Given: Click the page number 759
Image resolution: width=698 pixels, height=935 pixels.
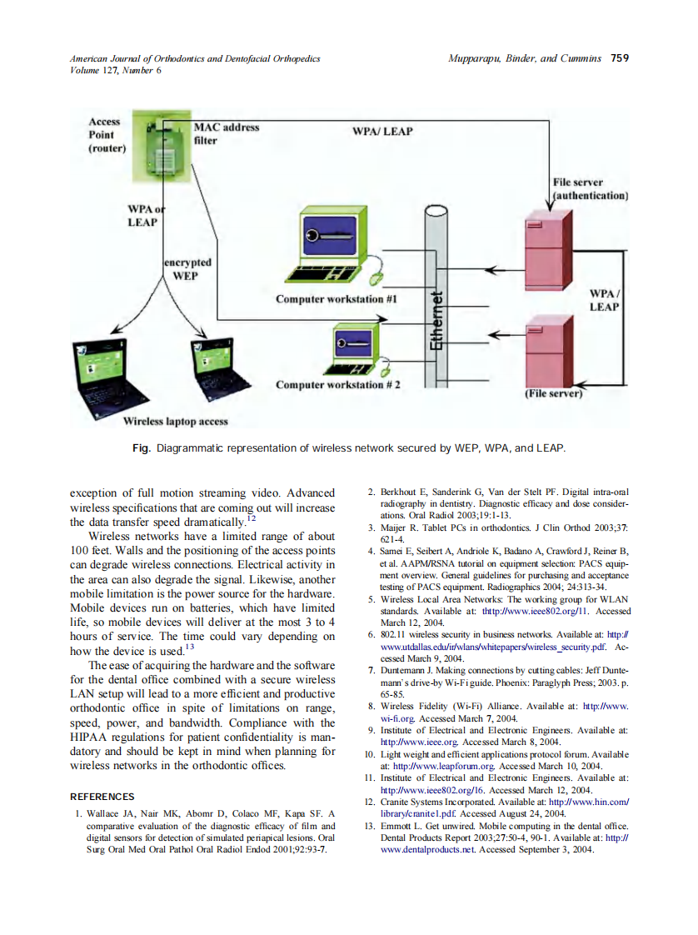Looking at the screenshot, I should [619, 58].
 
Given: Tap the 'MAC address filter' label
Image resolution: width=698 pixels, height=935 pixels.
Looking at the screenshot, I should [226, 133].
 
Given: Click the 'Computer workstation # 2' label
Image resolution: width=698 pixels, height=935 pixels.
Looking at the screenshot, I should [337, 385].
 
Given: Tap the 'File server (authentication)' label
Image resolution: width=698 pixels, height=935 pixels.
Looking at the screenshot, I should [590, 188].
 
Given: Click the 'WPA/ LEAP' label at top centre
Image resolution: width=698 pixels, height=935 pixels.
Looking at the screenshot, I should [382, 132].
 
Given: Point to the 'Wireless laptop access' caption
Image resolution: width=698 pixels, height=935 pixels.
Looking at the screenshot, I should [175, 422].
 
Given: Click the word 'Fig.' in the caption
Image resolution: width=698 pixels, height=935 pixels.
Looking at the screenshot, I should [141, 448].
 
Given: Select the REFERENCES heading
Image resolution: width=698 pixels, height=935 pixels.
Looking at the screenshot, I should [102, 797].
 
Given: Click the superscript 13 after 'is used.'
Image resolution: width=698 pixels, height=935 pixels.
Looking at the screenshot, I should [189, 647].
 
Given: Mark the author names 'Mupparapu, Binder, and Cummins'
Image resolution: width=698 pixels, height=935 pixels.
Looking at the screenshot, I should [525, 58].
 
